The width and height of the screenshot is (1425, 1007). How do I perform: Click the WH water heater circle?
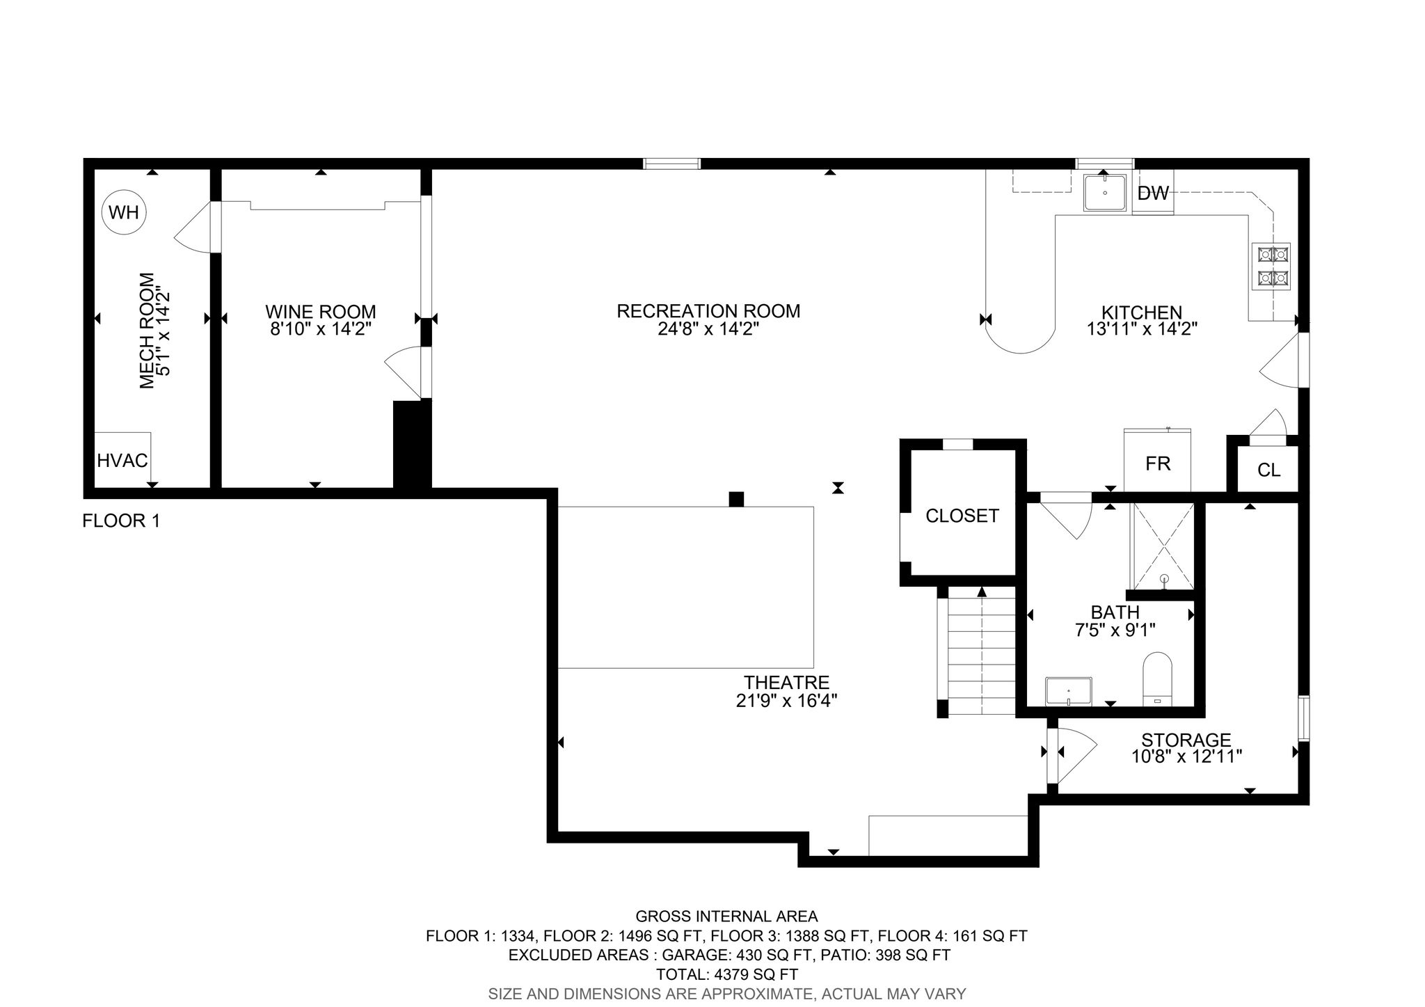[x=125, y=212]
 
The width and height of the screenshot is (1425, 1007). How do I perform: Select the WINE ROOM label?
[x=320, y=312]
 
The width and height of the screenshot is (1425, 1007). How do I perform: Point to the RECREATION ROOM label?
[x=708, y=311]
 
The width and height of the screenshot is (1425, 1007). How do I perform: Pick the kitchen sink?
[x=1104, y=192]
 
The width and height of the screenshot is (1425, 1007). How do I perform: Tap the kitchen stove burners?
[x=1272, y=266]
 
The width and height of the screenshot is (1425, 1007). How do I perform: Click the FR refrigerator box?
[x=1158, y=461]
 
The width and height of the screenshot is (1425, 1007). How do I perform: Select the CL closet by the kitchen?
[x=1269, y=470]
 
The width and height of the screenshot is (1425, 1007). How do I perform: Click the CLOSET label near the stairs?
[x=962, y=516]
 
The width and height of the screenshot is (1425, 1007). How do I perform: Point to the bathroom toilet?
[x=1157, y=679]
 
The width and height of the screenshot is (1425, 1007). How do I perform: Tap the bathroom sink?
[x=1069, y=692]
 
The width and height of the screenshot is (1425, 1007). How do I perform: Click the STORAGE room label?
[x=1186, y=740]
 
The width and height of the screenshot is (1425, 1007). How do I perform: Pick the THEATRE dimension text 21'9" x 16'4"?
[x=786, y=701]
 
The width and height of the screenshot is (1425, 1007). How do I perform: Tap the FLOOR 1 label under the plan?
[x=121, y=521]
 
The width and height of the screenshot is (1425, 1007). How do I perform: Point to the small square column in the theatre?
[x=736, y=499]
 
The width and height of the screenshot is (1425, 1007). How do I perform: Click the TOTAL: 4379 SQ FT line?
[x=726, y=974]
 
